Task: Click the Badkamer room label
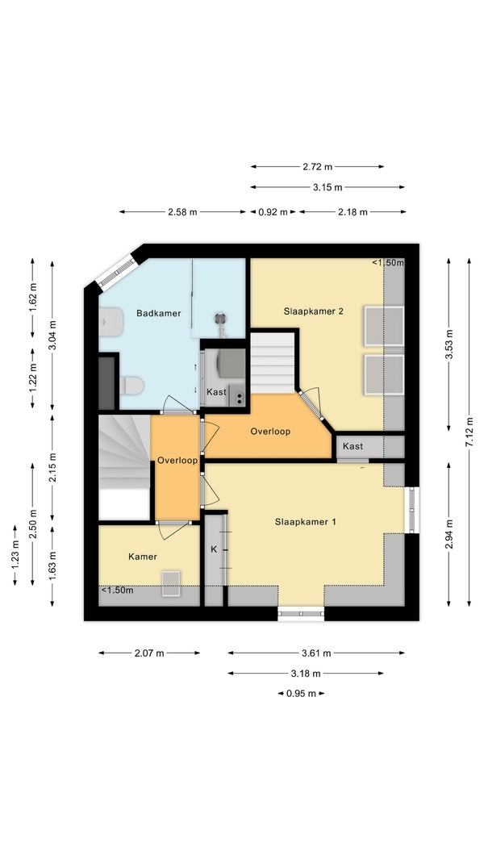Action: (158, 313)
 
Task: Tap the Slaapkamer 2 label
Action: (314, 311)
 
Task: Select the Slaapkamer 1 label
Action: (305, 522)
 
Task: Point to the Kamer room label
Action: (143, 557)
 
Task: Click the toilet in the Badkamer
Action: (131, 386)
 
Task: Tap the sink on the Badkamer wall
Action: (111, 322)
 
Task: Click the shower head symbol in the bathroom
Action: (220, 319)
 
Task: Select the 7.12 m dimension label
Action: (469, 432)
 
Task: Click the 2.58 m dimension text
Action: (182, 212)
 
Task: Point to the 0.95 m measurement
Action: (301, 693)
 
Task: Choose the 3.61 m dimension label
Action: (316, 653)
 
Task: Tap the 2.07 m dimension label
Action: (149, 653)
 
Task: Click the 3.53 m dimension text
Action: (449, 344)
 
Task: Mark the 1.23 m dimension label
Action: (15, 555)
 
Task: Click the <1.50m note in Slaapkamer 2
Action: (388, 263)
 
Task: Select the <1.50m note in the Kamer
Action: (117, 591)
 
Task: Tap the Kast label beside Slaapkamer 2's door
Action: (353, 446)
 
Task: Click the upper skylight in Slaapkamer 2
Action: (384, 326)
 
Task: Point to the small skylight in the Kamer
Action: (170, 583)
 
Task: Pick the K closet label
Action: (214, 549)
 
